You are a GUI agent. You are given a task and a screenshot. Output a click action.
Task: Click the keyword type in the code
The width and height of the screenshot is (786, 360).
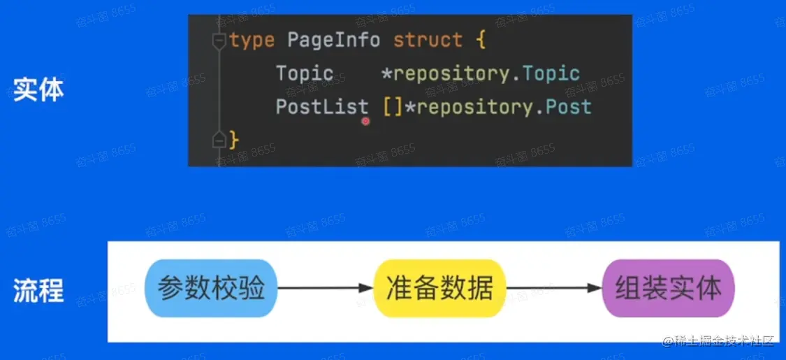252,40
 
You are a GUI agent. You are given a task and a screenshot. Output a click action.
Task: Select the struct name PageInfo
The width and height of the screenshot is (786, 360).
333,40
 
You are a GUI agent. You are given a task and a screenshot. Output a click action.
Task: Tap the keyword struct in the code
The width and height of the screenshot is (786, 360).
427,40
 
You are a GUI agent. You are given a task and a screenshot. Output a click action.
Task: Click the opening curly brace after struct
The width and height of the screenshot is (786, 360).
480,40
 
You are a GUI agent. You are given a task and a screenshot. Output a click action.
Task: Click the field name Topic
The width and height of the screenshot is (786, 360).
305,73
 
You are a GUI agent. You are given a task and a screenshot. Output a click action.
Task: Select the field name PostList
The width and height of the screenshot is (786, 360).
322,107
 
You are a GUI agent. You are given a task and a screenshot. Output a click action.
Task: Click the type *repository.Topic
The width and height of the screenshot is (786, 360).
481,73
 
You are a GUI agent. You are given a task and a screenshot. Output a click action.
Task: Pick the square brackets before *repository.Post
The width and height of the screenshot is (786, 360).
393,107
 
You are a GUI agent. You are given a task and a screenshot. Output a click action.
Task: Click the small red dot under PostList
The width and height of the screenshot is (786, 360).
365,121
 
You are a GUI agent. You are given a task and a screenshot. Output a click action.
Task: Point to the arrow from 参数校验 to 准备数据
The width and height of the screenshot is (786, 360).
326,288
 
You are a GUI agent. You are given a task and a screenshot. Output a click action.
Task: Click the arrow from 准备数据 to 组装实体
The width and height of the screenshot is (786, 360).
554,288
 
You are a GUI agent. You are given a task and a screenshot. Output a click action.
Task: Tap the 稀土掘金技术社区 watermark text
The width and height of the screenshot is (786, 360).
724,342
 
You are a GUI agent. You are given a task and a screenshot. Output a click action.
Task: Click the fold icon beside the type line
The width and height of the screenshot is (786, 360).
219,40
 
